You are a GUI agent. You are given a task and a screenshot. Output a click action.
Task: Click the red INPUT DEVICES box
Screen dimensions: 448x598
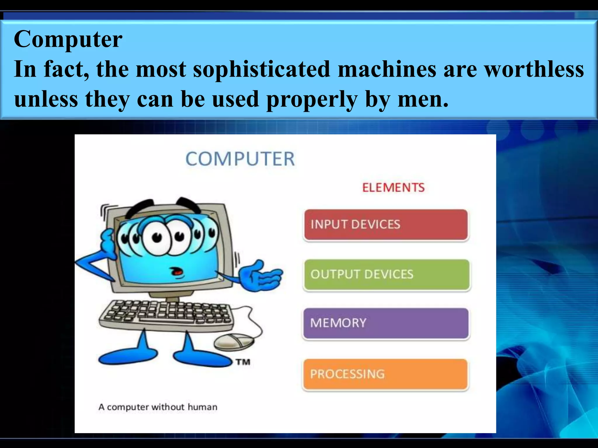click(386, 225)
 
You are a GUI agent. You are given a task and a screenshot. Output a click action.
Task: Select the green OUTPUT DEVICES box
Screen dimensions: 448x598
click(387, 274)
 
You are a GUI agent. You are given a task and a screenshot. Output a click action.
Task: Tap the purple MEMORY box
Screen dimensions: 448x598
click(386, 323)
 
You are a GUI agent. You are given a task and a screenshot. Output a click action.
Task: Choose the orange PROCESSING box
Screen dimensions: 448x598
click(385, 374)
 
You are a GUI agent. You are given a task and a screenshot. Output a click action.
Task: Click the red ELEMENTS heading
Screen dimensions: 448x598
click(393, 188)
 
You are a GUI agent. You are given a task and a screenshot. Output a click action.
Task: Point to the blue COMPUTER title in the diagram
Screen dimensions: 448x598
click(240, 159)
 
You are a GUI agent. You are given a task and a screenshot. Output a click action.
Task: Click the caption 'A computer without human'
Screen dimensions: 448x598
click(158, 407)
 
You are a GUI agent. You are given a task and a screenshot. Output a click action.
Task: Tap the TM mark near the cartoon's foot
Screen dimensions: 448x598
click(243, 362)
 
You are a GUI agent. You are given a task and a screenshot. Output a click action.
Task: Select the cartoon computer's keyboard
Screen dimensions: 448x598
click(166, 315)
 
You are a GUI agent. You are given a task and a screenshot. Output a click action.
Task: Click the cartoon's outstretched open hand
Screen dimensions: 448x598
click(261, 276)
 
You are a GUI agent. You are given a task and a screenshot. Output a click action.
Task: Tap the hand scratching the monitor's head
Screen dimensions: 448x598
click(108, 242)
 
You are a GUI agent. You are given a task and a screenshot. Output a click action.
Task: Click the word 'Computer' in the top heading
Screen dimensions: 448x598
click(68, 39)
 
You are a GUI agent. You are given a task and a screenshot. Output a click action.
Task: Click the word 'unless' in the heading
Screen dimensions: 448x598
click(46, 99)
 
